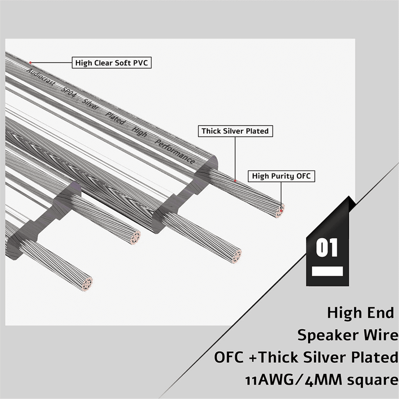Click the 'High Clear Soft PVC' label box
tap(112, 63)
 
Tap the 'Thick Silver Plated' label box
tap(235, 131)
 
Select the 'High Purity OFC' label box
tap(281, 176)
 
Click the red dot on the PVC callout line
tap(30, 63)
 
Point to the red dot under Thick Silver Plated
tap(235, 181)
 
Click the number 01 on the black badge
tap(327, 247)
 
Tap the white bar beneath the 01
tap(327, 271)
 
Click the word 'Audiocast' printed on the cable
tap(41, 77)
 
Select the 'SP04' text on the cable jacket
tap(69, 92)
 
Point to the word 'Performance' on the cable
tap(175, 152)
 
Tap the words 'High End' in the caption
tap(360, 312)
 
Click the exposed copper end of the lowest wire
tap(88, 284)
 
